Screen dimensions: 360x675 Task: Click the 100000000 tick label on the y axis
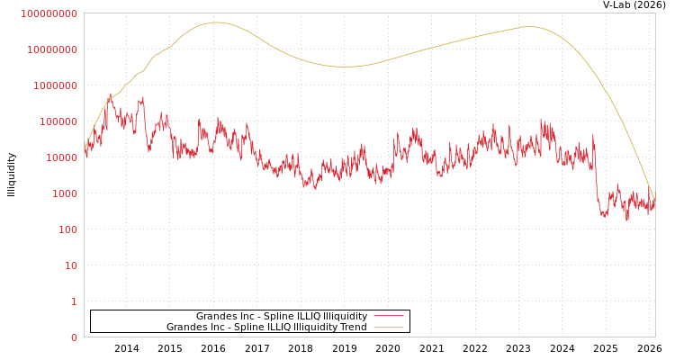point(49,13)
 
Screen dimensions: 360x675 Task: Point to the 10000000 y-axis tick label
point(52,49)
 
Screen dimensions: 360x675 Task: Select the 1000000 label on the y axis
point(55,85)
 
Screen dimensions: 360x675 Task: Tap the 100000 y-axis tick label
point(58,121)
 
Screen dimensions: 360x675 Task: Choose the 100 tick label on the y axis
point(67,229)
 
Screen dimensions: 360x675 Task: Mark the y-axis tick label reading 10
point(71,265)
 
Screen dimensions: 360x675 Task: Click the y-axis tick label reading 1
point(74,301)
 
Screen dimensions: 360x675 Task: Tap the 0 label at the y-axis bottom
point(74,337)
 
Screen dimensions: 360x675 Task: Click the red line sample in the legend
point(388,317)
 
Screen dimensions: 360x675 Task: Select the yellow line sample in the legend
point(388,328)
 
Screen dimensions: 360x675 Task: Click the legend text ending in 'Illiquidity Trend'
point(266,328)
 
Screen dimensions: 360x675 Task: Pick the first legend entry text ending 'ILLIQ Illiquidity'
point(282,317)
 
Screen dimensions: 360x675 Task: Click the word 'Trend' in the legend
point(352,328)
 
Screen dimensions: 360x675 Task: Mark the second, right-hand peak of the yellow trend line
point(529,27)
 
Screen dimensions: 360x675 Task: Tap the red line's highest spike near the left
point(111,94)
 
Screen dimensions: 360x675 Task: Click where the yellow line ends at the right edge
point(654,196)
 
